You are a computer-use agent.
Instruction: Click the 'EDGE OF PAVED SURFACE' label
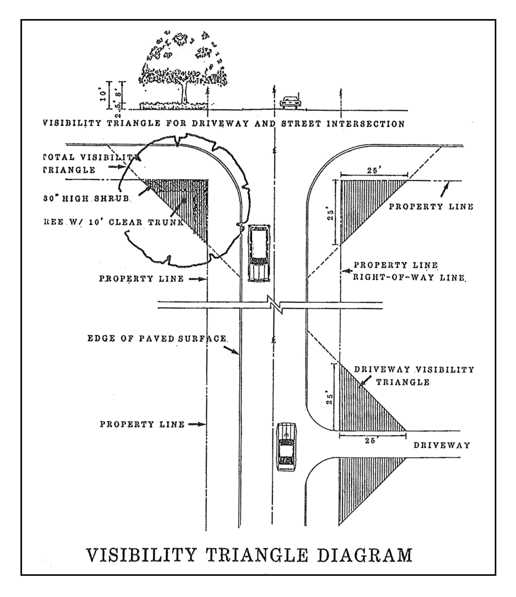157,338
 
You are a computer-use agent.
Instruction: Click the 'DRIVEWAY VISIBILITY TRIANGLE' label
414,376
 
